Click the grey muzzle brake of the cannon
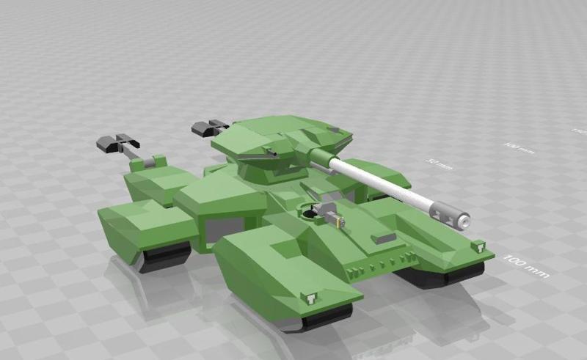point(450,213)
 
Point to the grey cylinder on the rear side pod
point(156,161)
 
